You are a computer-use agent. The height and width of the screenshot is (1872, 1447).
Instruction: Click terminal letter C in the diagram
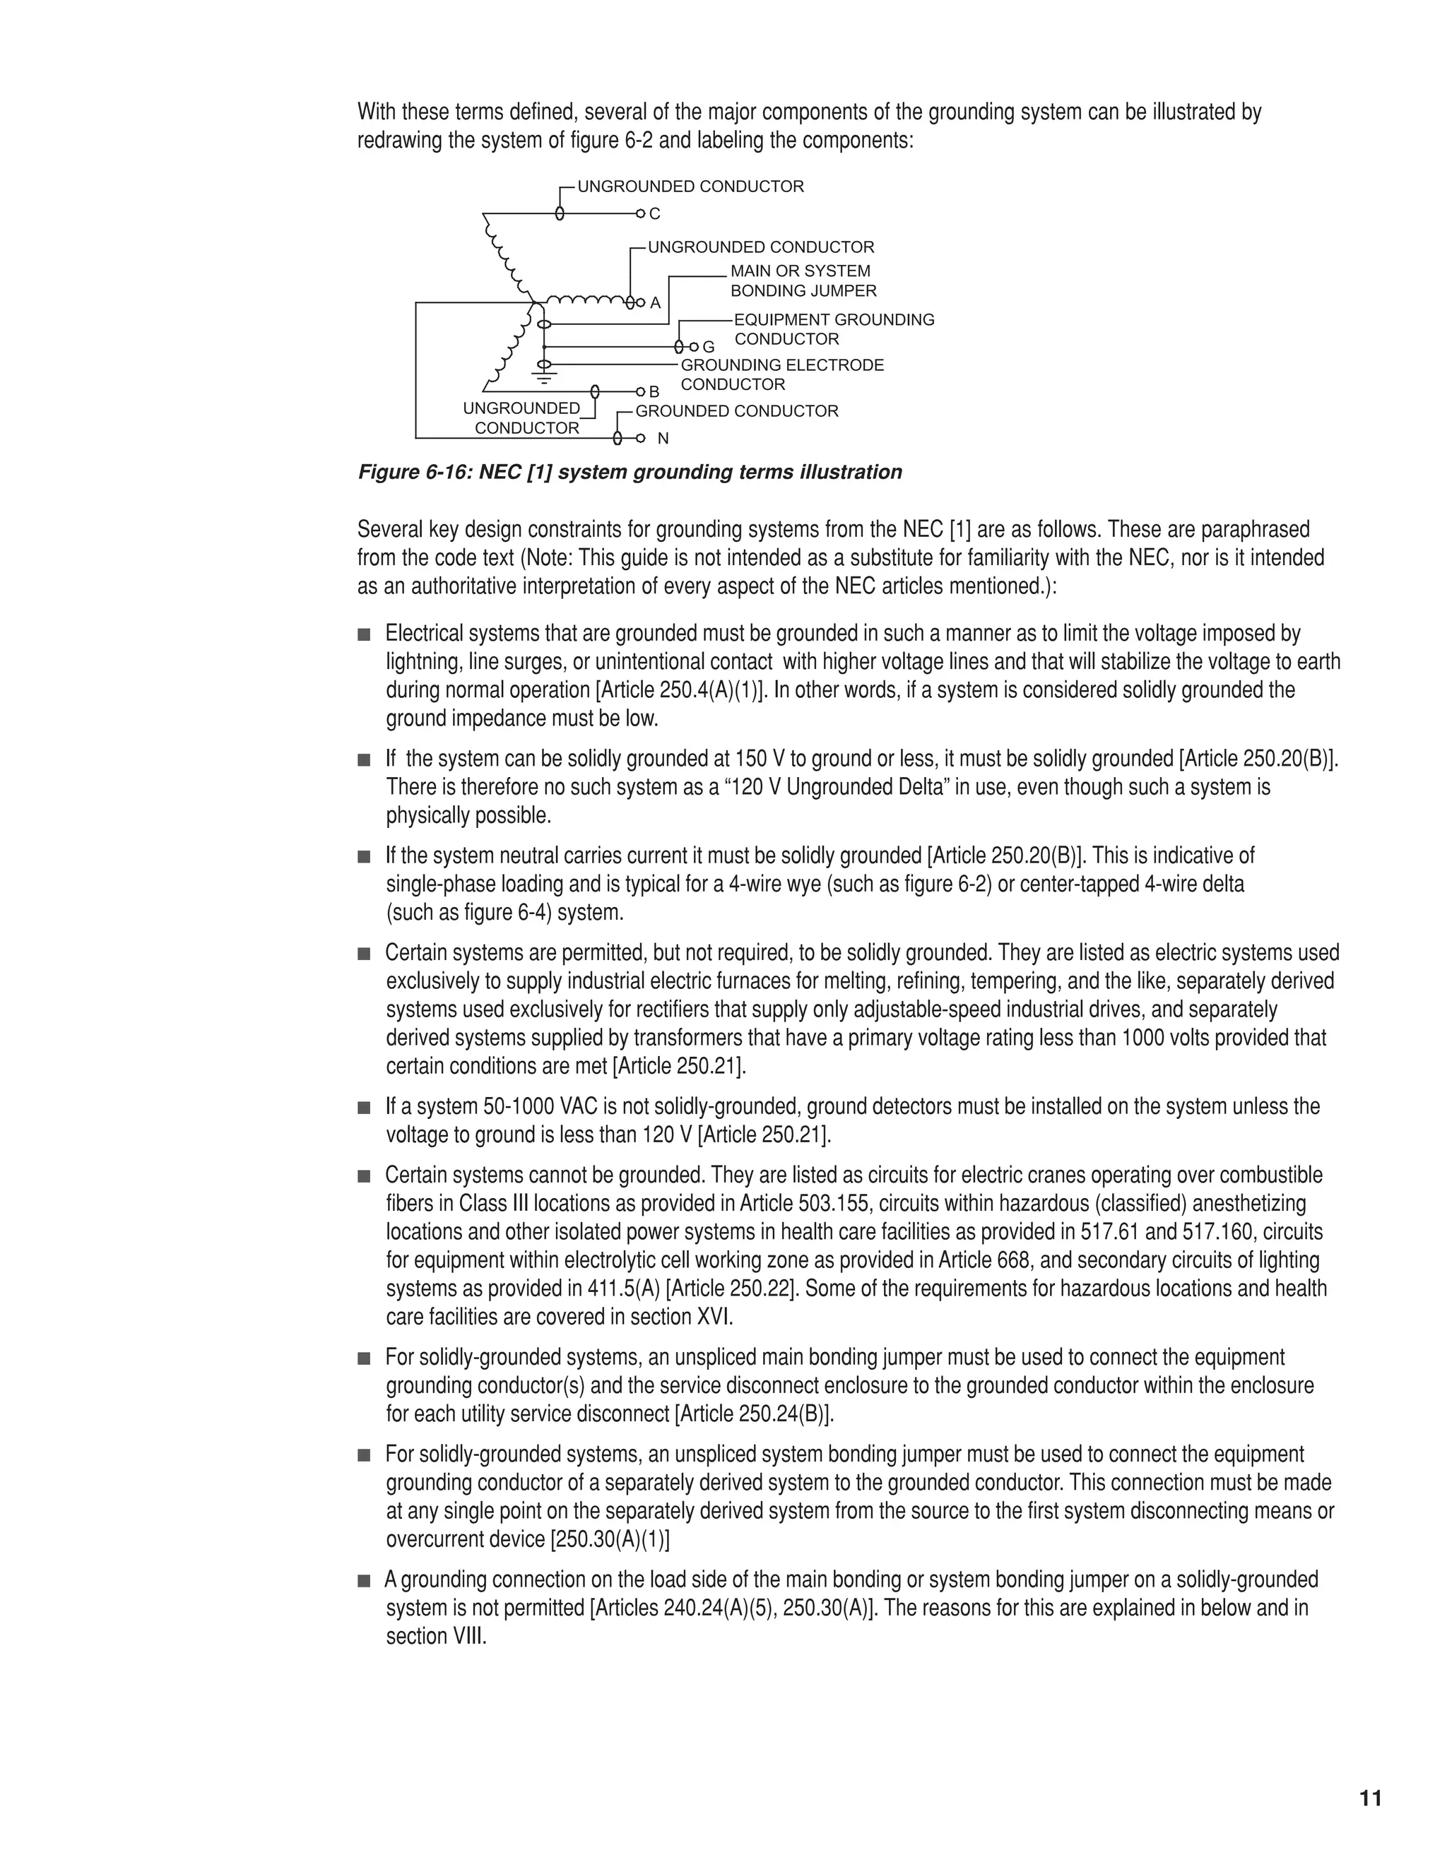(x=655, y=213)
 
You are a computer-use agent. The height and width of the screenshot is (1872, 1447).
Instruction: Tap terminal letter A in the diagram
(x=656, y=304)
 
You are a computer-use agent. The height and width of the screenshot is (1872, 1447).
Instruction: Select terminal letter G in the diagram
(x=708, y=347)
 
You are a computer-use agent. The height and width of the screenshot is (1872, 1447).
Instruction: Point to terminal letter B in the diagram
(x=654, y=392)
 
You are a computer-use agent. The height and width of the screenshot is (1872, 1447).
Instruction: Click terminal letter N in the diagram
(x=663, y=439)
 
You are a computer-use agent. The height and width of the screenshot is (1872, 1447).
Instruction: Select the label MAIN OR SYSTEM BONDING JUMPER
(x=803, y=281)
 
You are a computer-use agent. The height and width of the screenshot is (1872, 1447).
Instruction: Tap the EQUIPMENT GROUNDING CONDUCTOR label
(x=833, y=329)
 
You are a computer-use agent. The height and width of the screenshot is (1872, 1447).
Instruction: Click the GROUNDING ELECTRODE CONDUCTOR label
(x=781, y=374)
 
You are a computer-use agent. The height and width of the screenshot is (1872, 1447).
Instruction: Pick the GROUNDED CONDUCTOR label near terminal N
(x=736, y=411)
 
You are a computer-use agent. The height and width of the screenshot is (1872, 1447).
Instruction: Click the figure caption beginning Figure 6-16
(x=630, y=473)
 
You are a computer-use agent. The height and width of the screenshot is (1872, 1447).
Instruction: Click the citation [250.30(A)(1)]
(x=610, y=1539)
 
